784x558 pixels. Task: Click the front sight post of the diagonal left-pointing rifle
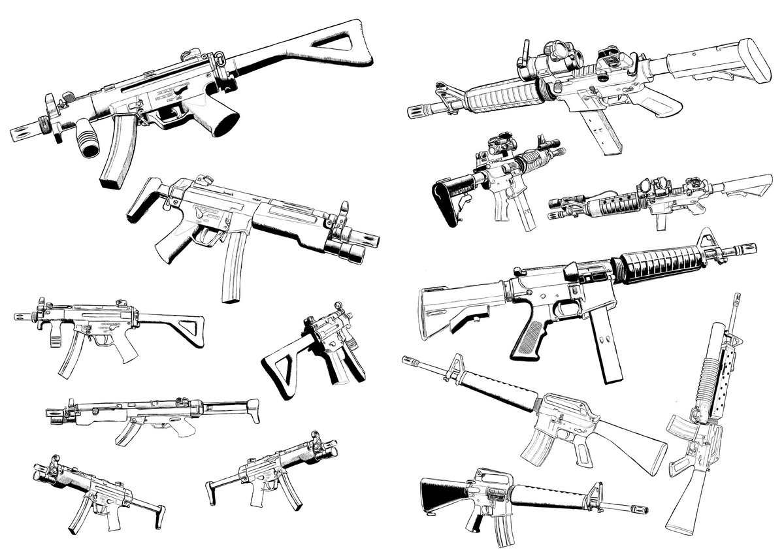pyautogui.click(x=455, y=363)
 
